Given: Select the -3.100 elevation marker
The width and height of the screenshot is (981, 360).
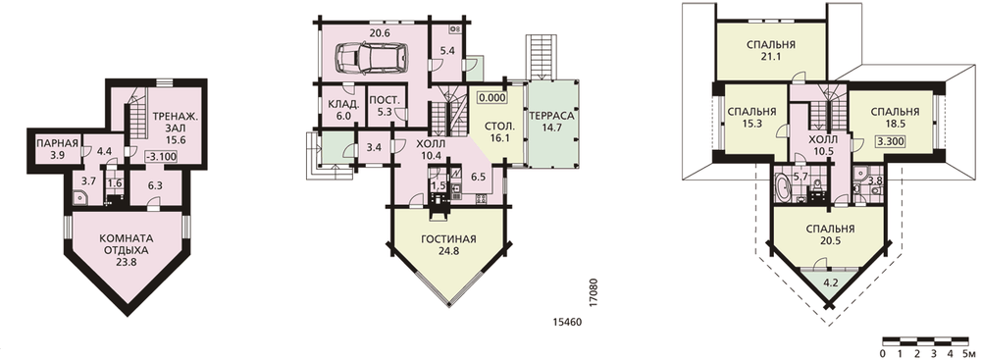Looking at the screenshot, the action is [159, 157].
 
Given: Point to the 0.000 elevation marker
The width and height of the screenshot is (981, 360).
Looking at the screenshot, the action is [492, 98].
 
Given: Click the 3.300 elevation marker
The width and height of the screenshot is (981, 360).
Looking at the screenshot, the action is [889, 142].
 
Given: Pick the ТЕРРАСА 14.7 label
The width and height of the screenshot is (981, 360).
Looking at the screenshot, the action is [551, 122].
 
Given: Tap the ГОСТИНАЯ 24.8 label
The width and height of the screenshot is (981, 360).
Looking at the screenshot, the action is [448, 245].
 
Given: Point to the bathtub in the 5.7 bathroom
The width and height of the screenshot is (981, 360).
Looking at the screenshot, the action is [783, 188].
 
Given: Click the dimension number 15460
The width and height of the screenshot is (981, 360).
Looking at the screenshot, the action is [568, 323].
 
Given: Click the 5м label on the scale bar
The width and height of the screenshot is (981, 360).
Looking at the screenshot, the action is [964, 352].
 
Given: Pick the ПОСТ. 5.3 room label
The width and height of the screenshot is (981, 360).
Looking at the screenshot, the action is [381, 106].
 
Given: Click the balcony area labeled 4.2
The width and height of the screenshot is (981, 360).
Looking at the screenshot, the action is [830, 282].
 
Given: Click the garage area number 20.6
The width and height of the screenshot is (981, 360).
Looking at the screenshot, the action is [378, 33].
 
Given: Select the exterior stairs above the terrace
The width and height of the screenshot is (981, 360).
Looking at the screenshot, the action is [542, 57].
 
